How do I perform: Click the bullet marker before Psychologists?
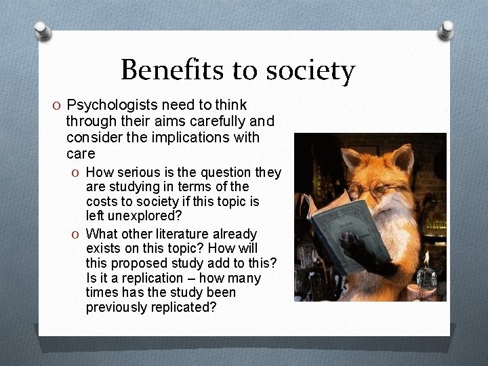(x=58, y=106)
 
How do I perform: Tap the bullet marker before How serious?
(x=77, y=173)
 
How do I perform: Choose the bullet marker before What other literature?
(x=77, y=234)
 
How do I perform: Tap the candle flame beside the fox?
(x=426, y=256)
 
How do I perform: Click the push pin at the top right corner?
(x=448, y=29)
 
